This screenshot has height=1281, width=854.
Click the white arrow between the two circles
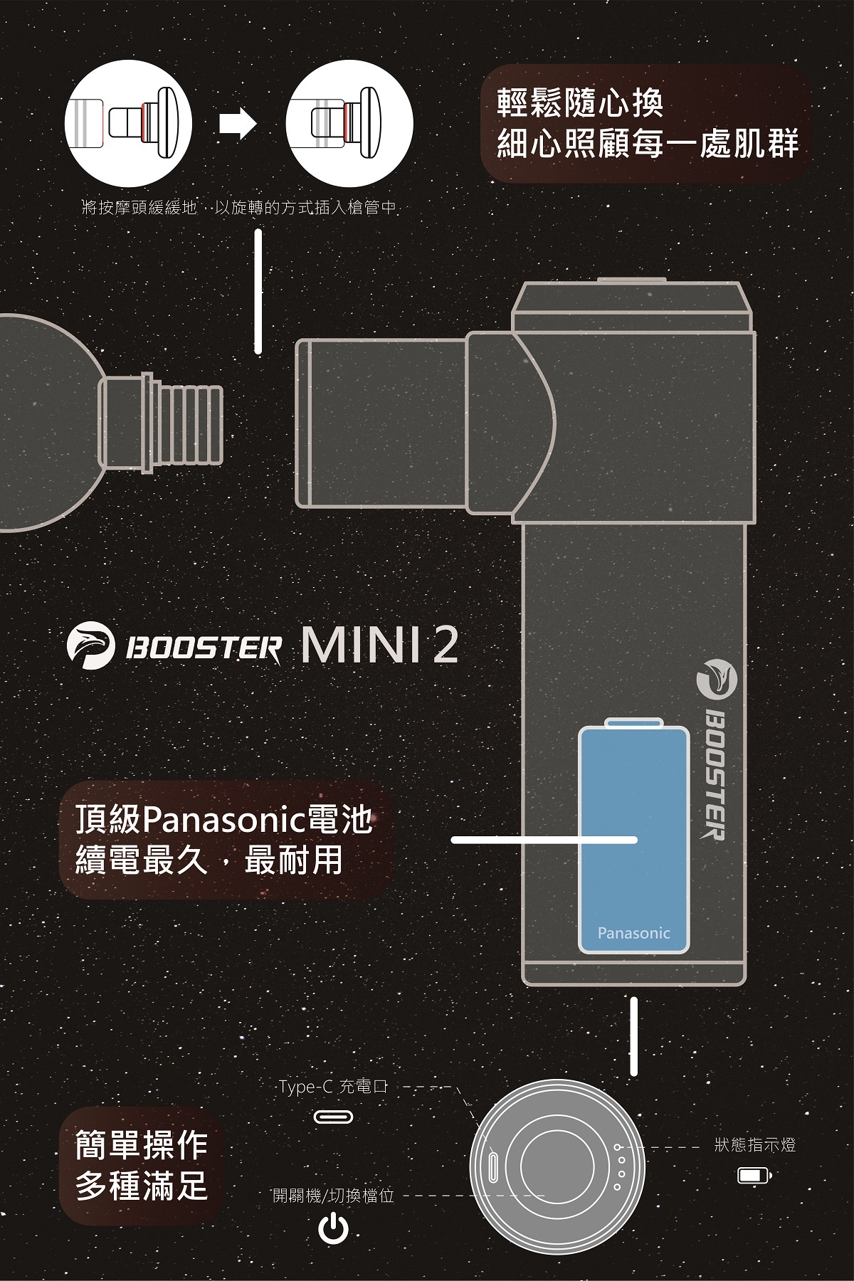coord(238,124)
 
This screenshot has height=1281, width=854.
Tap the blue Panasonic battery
coord(634,840)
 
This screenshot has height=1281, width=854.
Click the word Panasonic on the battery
coord(633,933)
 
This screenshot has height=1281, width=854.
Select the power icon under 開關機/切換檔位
coord(333,1229)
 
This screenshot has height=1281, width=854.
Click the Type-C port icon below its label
coord(333,1118)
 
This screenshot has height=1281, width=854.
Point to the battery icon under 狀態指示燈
coord(754,1175)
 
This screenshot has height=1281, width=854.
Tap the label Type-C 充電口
coord(333,1087)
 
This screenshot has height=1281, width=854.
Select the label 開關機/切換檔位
coord(333,1195)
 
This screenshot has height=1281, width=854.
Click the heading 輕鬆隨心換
coord(580,104)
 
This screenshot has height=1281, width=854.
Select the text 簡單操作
coord(142,1144)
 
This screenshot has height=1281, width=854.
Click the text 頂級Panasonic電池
coord(224,821)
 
